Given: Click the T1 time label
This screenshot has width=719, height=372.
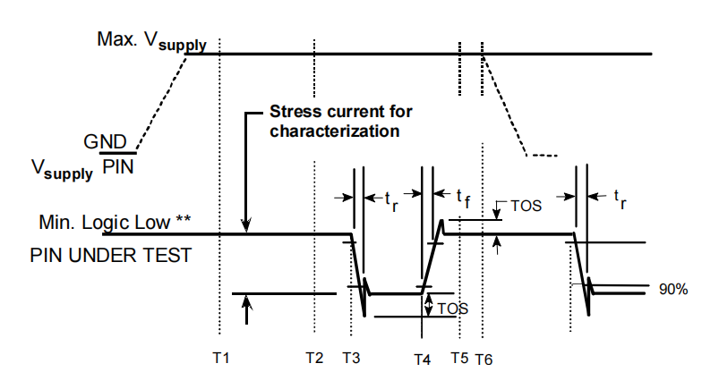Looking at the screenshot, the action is point(220,358).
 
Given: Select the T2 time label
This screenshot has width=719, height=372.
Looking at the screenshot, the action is point(314,358).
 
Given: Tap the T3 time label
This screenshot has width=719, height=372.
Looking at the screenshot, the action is point(351,358).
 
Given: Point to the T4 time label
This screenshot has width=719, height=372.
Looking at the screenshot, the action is point(423,359).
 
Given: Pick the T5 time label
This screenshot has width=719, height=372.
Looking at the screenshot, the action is point(459,358).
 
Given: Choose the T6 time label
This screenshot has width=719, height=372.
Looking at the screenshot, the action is point(484,359).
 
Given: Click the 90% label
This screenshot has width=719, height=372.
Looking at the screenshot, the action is point(673,289).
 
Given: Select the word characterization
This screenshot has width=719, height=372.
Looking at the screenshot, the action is point(334,131).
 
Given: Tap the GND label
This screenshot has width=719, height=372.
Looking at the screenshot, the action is point(105,142).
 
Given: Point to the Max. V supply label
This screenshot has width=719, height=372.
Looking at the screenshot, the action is point(152,41).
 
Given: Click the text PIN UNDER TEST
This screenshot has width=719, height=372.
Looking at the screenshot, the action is point(110,255).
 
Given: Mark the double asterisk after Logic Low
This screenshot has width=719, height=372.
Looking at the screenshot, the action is point(184,219).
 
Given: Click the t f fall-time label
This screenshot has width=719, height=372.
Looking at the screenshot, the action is point(463,199).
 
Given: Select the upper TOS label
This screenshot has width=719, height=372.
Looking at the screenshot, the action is point(526,206).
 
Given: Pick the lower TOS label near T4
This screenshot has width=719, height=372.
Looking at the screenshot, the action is point(452,309).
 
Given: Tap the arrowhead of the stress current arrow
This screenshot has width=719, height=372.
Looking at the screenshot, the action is point(246,226).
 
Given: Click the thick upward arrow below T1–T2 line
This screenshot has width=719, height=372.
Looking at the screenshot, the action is point(247,309).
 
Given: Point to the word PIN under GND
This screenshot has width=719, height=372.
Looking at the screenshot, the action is point(118,167).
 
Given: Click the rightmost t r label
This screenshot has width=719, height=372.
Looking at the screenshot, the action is point(620,199).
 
